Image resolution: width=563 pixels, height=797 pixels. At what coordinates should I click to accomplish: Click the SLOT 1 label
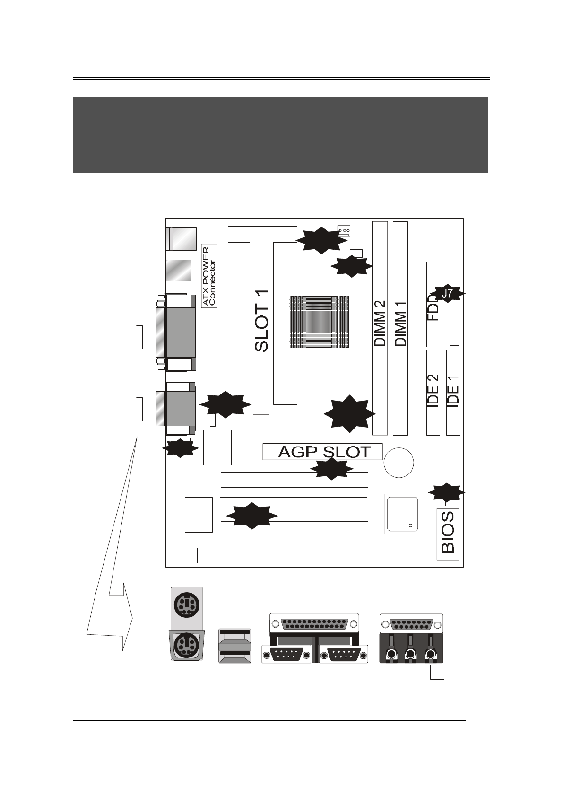261,321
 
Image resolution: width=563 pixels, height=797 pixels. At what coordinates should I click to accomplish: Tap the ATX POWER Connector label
209,276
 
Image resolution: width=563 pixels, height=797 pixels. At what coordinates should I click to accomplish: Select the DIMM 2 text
380,323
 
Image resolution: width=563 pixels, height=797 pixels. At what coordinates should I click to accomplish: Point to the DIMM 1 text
400,324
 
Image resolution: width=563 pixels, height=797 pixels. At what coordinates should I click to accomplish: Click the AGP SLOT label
324,452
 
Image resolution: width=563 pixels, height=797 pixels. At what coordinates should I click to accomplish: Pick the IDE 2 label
433,391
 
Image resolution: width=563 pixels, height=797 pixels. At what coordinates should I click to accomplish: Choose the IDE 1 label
453,391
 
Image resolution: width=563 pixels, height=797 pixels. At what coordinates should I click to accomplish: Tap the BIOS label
448,532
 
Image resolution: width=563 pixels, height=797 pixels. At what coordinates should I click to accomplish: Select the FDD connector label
433,307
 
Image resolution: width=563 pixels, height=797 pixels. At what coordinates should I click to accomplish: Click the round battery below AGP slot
398,463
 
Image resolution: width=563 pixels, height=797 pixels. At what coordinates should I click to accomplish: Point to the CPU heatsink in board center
318,322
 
